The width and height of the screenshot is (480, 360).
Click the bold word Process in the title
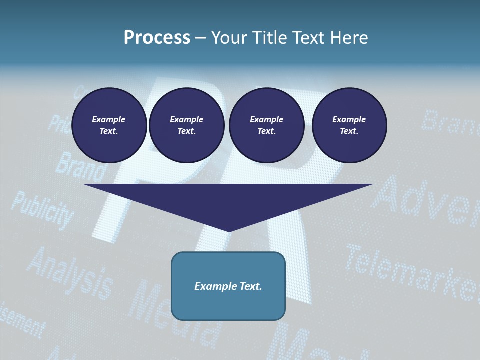tap(157, 38)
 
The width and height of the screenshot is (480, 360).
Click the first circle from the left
tap(109, 125)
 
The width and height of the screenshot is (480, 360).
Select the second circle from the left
tap(186, 125)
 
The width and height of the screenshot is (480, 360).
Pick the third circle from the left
tap(266, 125)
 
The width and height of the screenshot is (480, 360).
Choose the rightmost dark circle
tap(349, 125)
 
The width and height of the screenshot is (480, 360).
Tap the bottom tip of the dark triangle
tap(229, 230)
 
